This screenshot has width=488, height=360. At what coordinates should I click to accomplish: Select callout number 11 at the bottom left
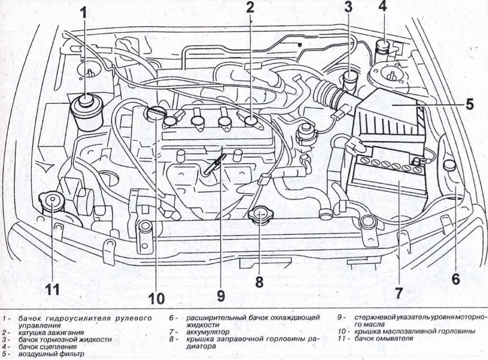[52, 289]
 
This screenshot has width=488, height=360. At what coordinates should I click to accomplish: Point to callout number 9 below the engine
[220, 296]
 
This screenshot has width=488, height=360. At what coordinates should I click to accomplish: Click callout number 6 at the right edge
[455, 279]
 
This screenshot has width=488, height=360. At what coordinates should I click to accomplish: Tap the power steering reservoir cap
[86, 100]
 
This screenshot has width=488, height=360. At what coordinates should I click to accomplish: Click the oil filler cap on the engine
[155, 113]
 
